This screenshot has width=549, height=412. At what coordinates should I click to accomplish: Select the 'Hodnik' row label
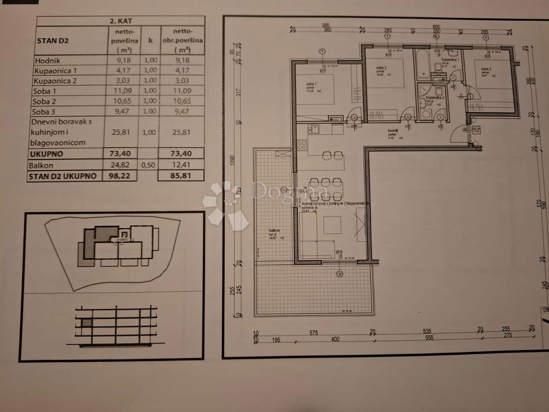point(48,60)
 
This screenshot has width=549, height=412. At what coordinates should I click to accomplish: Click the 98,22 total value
point(122,175)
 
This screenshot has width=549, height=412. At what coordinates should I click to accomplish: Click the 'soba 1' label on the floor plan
point(312,84)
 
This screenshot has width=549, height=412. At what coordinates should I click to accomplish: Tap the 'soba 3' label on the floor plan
point(485,70)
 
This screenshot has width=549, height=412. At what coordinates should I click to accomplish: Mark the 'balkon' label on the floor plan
point(274,231)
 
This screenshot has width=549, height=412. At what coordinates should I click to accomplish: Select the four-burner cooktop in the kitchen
point(302,146)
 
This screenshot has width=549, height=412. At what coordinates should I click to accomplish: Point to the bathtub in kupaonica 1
point(421,64)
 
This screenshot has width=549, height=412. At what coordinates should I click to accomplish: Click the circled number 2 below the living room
point(339,274)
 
